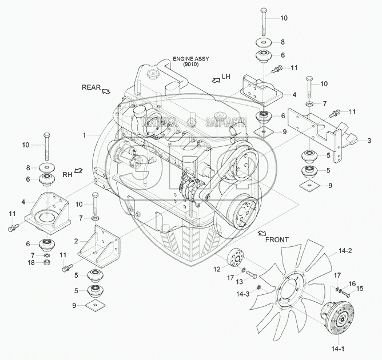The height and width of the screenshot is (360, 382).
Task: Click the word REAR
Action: (90, 87)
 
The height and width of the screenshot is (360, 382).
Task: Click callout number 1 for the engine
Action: (83, 135)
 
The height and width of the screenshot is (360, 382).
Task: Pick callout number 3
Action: (369, 140)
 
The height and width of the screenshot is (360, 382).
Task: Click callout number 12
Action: (217, 269)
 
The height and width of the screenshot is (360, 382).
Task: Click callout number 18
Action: (33, 262)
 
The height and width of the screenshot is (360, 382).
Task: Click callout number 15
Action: (360, 288)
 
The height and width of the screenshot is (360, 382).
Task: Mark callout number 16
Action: (352, 283)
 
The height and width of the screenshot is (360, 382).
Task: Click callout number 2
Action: (76, 242)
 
